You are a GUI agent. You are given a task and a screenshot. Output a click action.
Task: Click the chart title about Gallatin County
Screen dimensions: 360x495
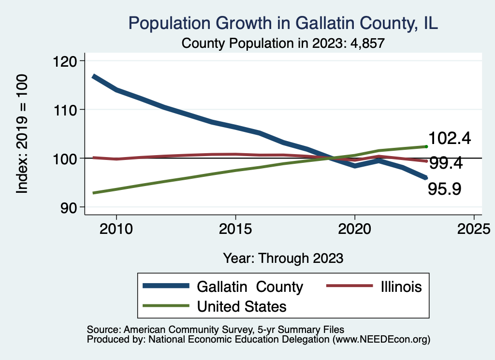pyautogui.click(x=283, y=23)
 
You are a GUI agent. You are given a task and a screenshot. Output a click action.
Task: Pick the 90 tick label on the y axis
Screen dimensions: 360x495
pyautogui.click(x=71, y=207)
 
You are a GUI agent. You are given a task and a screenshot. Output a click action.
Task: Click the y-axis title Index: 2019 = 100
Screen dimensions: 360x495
pyautogui.click(x=22, y=134)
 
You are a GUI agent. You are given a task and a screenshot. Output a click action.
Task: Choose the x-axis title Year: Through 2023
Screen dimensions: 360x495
pyautogui.click(x=283, y=258)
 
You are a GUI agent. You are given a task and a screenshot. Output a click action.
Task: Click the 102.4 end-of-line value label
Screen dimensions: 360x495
pyautogui.click(x=450, y=139)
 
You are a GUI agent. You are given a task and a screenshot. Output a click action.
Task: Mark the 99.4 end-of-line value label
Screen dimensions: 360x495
pyautogui.click(x=446, y=163)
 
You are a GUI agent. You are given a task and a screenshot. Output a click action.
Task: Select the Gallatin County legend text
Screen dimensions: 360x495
pyautogui.click(x=249, y=287)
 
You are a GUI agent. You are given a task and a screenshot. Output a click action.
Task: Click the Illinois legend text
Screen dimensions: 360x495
pyautogui.click(x=401, y=287)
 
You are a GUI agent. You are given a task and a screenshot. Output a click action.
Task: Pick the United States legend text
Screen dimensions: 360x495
pyautogui.click(x=242, y=306)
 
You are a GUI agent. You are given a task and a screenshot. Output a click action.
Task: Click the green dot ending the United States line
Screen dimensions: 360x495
pyautogui.click(x=426, y=146)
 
